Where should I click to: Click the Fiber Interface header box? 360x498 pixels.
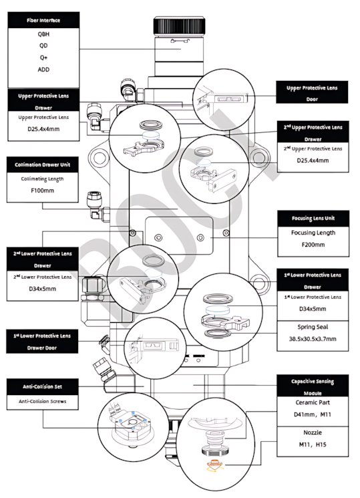pyautogui.click(x=43, y=20)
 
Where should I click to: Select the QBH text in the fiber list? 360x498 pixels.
pyautogui.click(x=43, y=34)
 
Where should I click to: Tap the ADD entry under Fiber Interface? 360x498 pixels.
pyautogui.click(x=43, y=70)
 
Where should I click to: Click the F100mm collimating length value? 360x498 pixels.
pyautogui.click(x=42, y=191)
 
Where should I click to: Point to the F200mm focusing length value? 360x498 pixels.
pyautogui.click(x=313, y=245)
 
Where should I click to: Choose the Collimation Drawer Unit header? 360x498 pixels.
pyautogui.click(x=43, y=164)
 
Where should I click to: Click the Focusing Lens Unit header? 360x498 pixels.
pyautogui.click(x=313, y=218)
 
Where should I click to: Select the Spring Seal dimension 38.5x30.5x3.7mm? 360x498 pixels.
pyautogui.click(x=313, y=339)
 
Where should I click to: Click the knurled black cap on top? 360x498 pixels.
pyautogui.click(x=179, y=27)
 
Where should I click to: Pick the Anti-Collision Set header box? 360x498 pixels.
pyautogui.click(x=43, y=386)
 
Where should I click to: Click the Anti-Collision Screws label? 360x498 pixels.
pyautogui.click(x=43, y=401)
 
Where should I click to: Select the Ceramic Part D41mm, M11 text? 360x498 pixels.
pyautogui.click(x=313, y=408)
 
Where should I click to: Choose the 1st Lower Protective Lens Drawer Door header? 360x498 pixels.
pyautogui.click(x=42, y=342)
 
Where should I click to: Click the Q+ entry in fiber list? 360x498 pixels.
pyautogui.click(x=43, y=57)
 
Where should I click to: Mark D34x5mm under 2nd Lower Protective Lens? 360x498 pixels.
pyautogui.click(x=42, y=289)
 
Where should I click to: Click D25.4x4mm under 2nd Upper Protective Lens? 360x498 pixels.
pyautogui.click(x=313, y=160)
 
